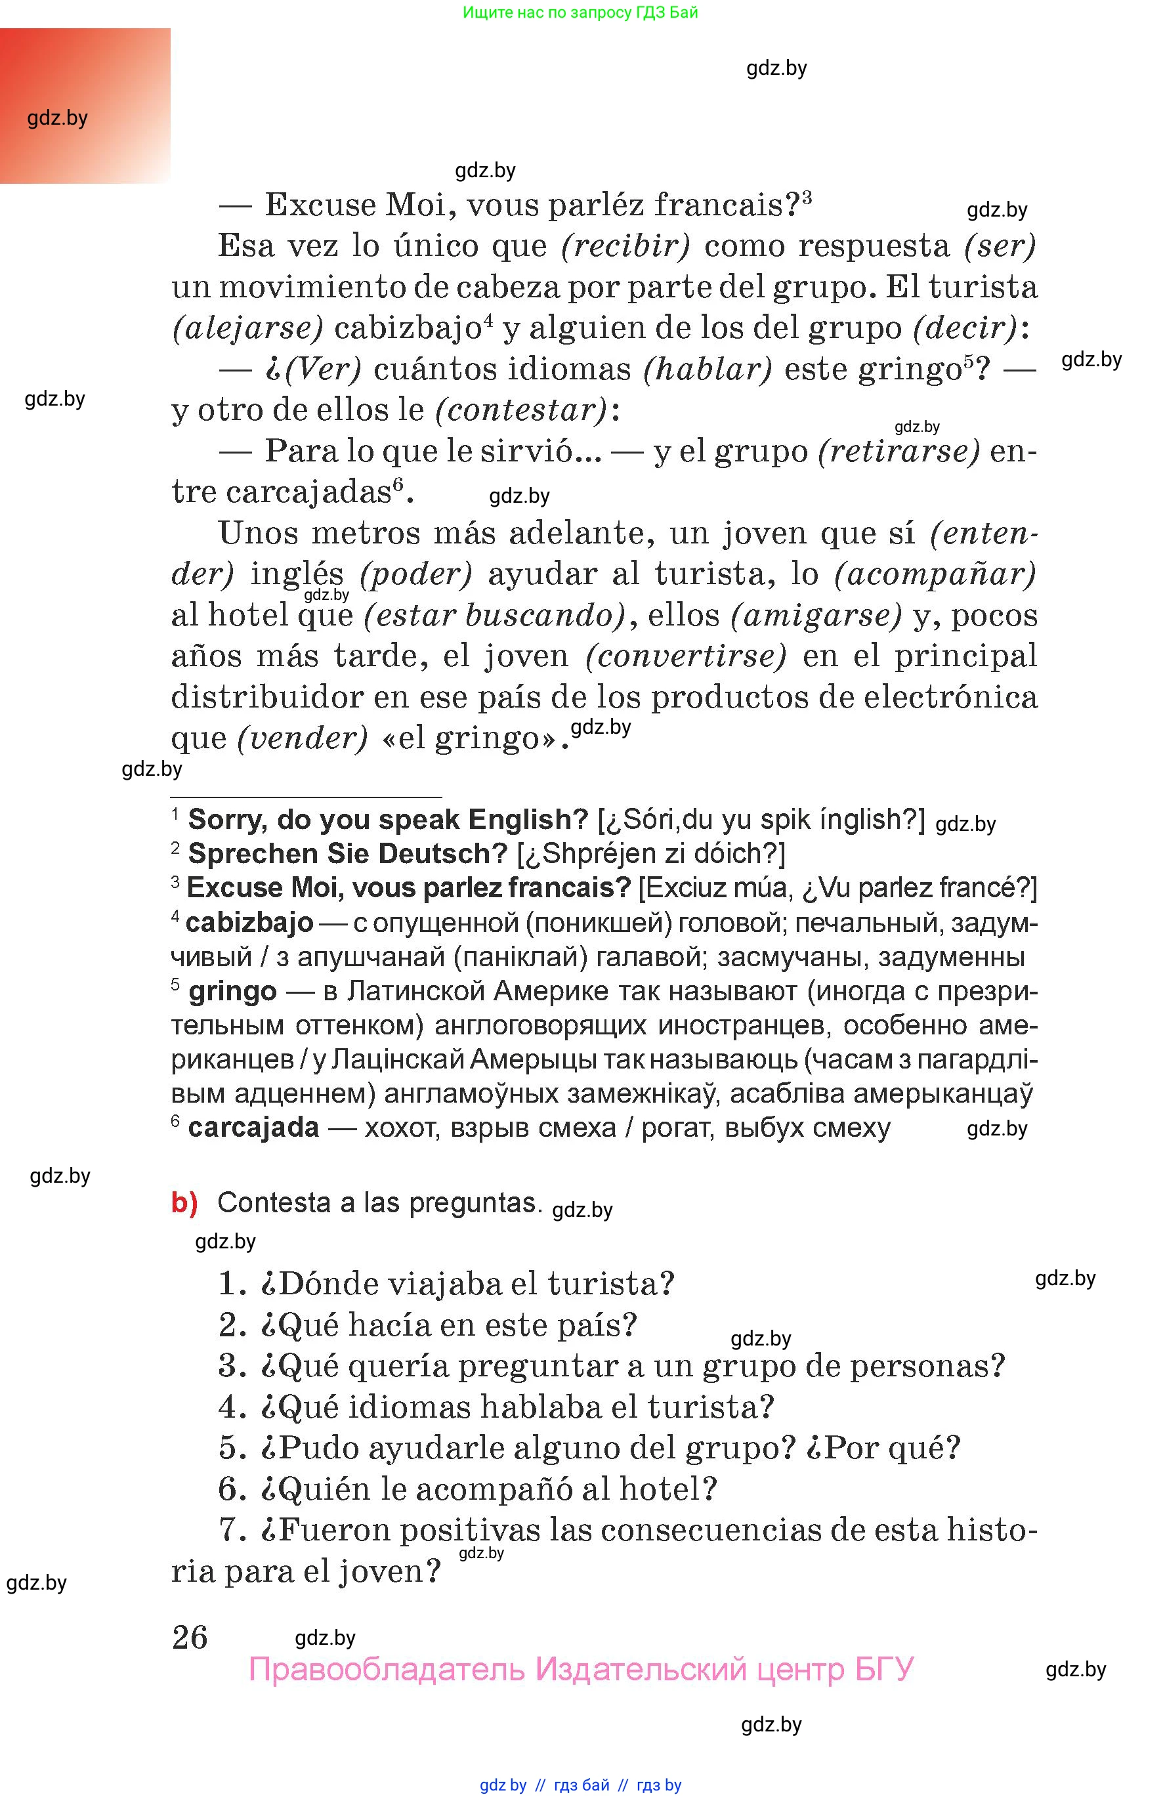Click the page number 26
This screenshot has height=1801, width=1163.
(x=190, y=1637)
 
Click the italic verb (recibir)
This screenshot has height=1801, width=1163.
(x=626, y=246)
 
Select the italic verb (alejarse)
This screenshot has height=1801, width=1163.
(x=247, y=328)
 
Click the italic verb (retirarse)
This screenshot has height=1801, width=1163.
(x=899, y=452)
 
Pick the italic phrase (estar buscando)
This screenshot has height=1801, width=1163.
(x=495, y=616)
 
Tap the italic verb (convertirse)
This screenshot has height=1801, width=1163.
(x=686, y=656)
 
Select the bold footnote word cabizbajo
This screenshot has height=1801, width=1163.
(x=249, y=922)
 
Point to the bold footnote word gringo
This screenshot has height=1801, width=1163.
(x=232, y=990)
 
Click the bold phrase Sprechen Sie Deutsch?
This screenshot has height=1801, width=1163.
(x=347, y=853)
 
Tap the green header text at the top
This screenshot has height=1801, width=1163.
(x=580, y=12)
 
